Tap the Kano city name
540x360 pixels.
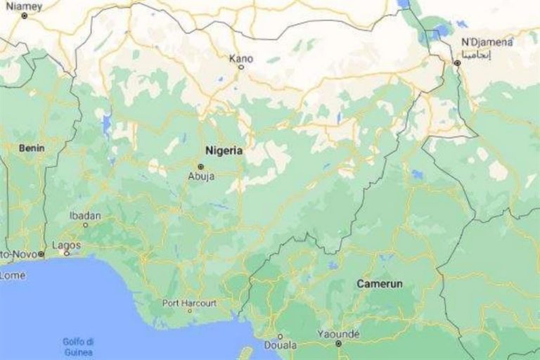click(241, 58)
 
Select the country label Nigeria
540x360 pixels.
click(224, 150)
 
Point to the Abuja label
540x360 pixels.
click(201, 176)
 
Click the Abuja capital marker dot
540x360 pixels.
click(200, 167)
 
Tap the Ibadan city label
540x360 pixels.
click(86, 216)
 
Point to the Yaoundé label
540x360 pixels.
click(337, 333)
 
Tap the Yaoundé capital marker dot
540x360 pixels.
click(338, 344)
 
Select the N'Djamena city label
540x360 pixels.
click(486, 42)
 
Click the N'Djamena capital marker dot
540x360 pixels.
click(457, 63)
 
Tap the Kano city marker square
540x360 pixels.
click(241, 67)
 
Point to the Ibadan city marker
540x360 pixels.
click(86, 225)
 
